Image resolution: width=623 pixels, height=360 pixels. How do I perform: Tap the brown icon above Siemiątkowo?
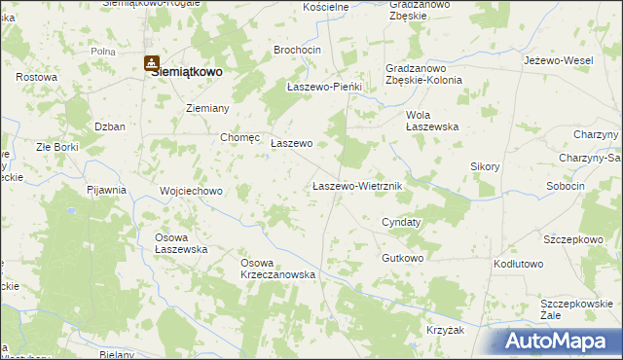point(153,64)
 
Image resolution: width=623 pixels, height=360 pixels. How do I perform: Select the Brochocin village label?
point(298,50)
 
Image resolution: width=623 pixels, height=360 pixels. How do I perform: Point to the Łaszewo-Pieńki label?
point(324,87)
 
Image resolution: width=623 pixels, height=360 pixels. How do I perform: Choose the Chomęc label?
point(239,137)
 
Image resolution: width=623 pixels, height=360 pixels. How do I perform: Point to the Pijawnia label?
point(107,190)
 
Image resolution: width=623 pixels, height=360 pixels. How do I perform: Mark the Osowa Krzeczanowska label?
point(279,269)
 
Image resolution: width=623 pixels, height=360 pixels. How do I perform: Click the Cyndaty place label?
point(401,222)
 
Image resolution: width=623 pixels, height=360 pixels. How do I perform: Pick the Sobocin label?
point(566,185)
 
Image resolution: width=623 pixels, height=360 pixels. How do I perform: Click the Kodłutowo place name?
point(518,264)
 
